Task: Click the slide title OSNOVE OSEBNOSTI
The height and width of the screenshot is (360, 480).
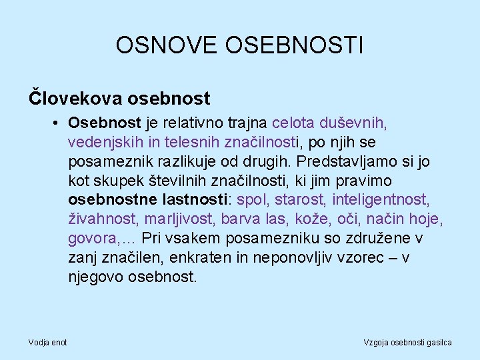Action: [x=239, y=45]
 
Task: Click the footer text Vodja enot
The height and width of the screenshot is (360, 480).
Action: [x=47, y=342]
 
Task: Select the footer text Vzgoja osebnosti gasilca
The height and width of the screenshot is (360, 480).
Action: [x=407, y=342]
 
